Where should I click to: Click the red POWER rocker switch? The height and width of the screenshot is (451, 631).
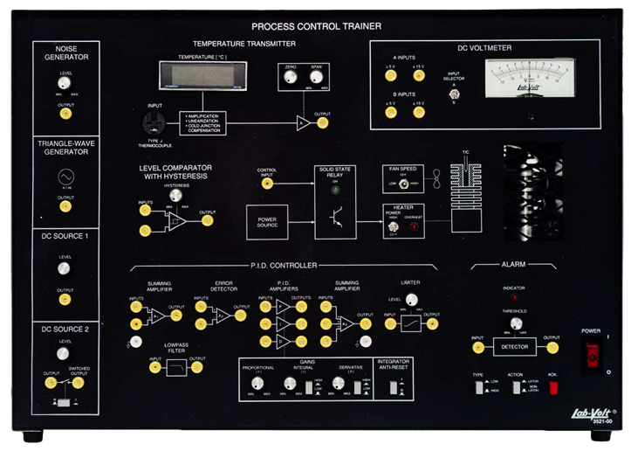click(593, 355)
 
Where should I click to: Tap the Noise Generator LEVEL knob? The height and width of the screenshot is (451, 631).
click(65, 82)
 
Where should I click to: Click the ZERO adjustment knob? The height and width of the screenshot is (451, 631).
click(290, 77)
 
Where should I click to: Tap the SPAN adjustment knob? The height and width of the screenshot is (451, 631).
click(316, 77)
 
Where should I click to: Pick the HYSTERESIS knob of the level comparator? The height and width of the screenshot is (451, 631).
click(176, 197)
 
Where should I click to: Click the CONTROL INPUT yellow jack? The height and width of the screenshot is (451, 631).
click(267, 184)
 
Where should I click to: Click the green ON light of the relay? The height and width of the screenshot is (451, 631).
click(335, 190)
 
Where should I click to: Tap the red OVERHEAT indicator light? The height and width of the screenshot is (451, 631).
click(414, 227)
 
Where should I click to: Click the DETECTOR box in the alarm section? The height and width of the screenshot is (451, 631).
click(515, 347)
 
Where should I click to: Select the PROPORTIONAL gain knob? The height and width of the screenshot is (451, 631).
click(257, 383)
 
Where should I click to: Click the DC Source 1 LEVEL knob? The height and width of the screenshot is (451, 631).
click(64, 268)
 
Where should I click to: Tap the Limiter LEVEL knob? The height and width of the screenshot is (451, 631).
click(411, 300)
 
